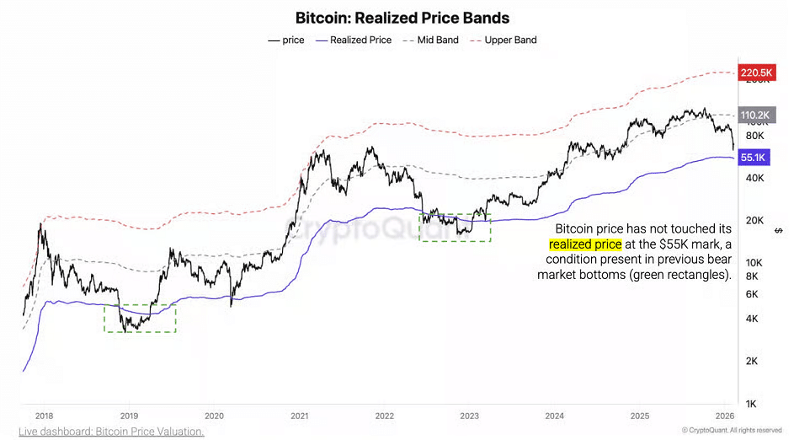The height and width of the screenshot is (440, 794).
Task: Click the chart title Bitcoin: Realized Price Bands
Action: [402, 17]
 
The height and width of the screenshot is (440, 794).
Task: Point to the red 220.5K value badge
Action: [754, 73]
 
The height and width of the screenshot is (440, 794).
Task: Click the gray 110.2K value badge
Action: [754, 115]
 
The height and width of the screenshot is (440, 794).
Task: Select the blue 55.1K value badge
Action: [754, 157]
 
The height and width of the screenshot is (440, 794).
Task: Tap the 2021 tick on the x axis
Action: [300, 416]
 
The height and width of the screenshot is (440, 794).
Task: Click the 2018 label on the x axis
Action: [44, 416]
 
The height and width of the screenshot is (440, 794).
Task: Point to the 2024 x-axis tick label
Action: [555, 416]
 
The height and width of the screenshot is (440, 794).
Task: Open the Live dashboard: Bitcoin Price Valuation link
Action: [111, 432]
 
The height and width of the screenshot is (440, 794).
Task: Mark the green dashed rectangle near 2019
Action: [140, 318]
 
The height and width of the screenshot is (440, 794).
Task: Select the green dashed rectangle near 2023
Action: [455, 228]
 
